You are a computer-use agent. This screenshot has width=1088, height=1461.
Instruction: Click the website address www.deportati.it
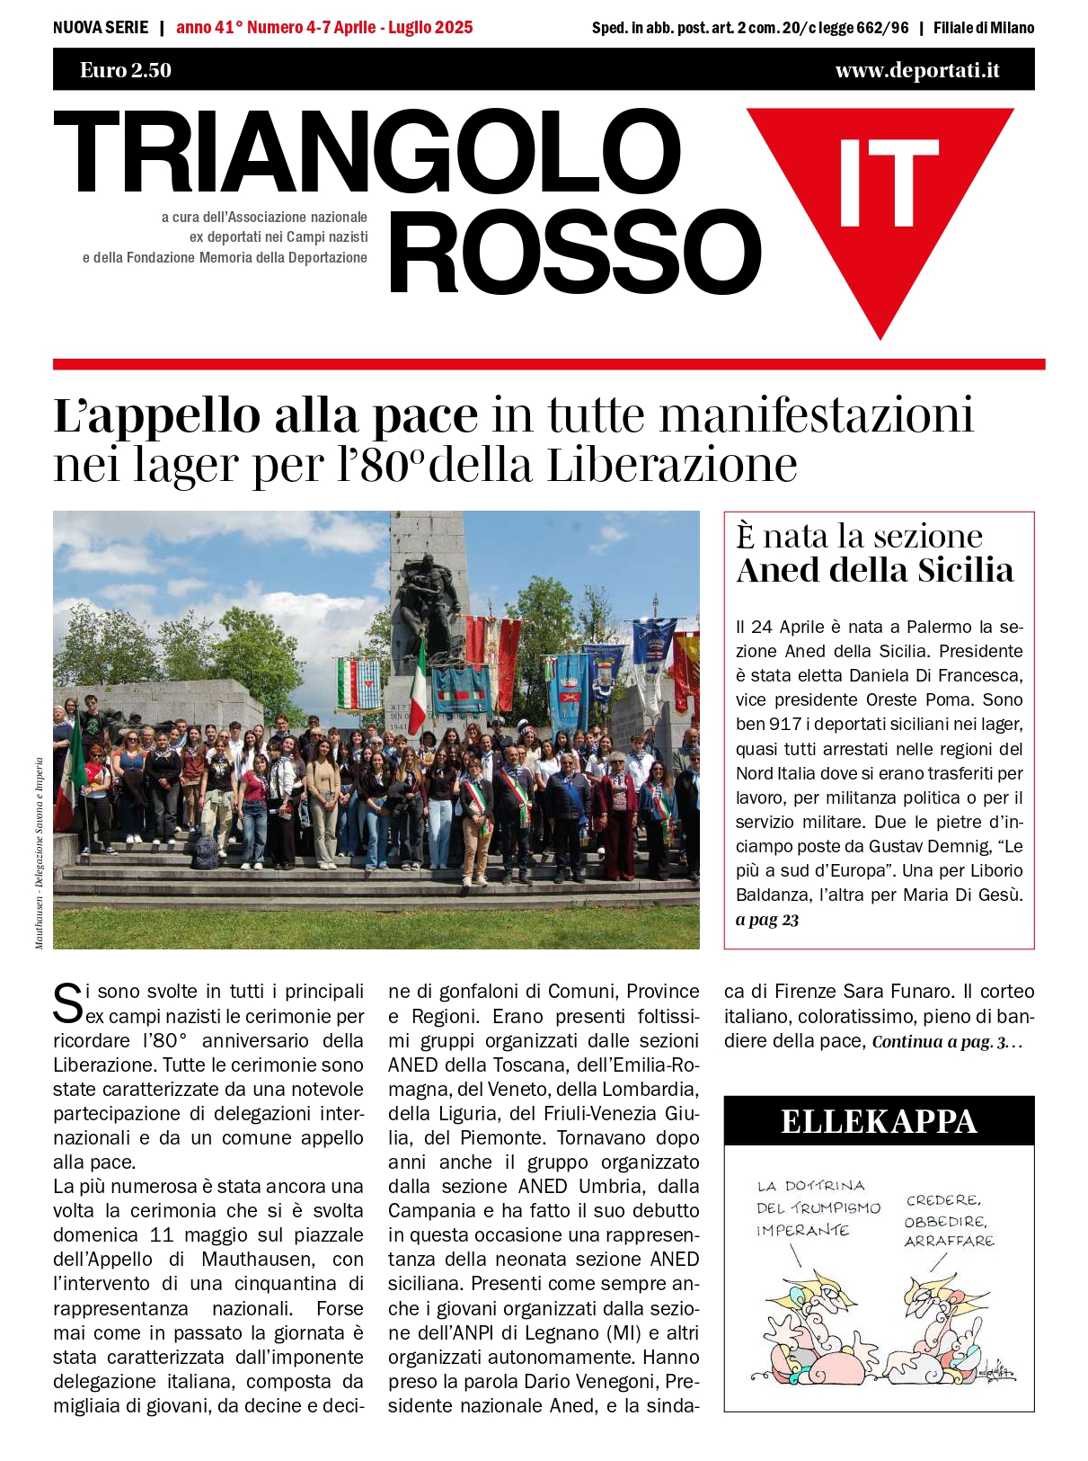pos(916,70)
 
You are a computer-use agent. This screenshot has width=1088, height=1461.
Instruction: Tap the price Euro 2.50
pos(126,70)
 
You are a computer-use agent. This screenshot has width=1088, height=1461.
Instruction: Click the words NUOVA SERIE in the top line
pos(101,28)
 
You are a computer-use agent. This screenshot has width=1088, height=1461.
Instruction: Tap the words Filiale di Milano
pos(984,28)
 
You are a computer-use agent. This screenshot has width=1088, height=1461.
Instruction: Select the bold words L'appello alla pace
pos(266,416)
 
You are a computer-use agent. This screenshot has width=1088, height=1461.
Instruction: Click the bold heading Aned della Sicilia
pos(875,570)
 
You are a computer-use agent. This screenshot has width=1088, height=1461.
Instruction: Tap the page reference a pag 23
pos(767,920)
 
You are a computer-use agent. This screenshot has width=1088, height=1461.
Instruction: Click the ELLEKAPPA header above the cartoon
pos(879,1121)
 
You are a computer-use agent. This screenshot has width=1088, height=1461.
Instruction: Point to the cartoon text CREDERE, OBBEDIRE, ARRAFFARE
pos(949,1220)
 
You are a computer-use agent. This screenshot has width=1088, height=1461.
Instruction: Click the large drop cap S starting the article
pos(68,1003)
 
